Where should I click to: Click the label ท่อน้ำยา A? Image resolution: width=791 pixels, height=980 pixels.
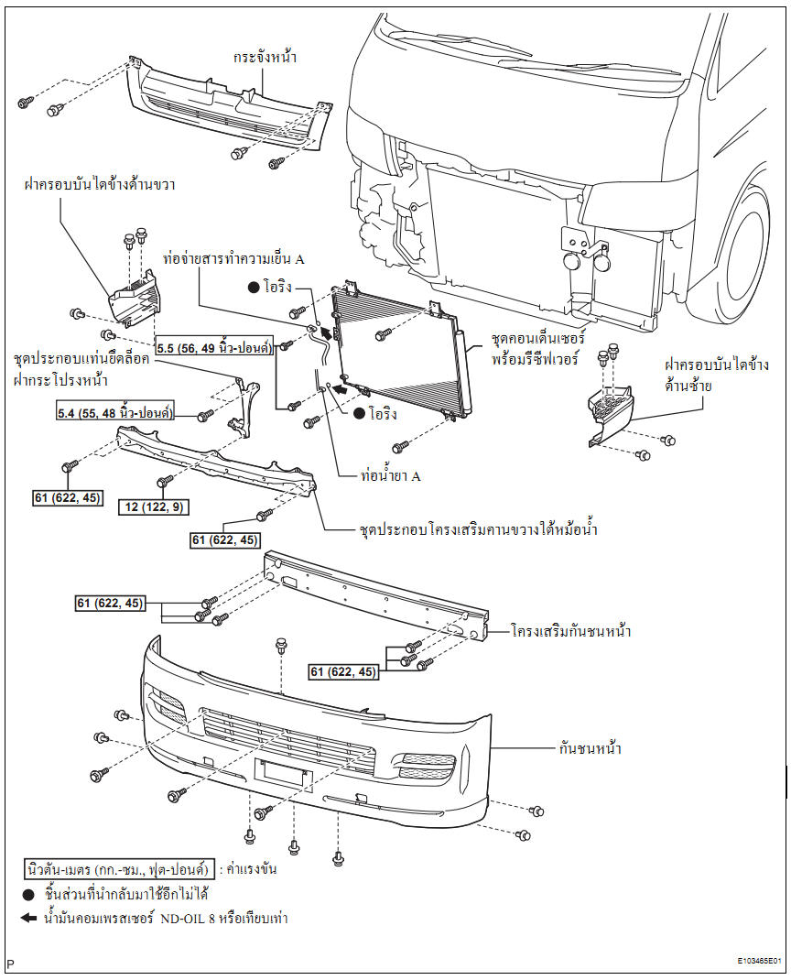pos(390,476)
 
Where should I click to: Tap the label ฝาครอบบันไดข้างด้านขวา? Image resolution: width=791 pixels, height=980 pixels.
pos(100,184)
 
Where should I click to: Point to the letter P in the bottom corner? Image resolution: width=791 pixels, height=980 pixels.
pos(10,964)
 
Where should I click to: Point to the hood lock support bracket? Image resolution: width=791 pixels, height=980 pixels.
pos(241,408)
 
